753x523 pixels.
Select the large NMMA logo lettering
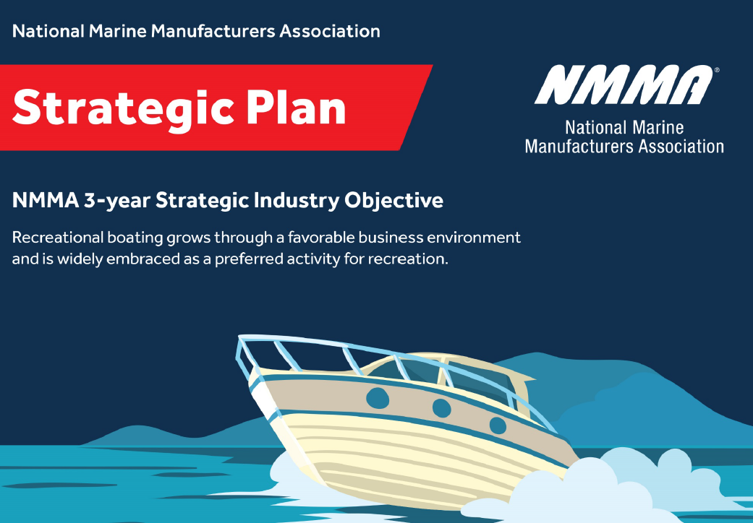tap(624, 85)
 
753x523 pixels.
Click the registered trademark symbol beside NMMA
tap(717, 70)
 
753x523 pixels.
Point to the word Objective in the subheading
tap(393, 201)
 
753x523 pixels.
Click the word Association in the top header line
tap(330, 31)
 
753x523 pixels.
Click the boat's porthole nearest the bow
tap(378, 398)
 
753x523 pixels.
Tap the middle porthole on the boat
tap(442, 408)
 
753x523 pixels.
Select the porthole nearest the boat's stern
tap(498, 425)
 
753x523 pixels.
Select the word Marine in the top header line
tap(118, 31)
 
